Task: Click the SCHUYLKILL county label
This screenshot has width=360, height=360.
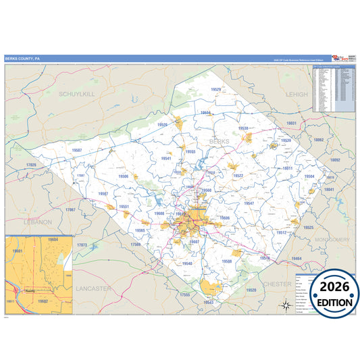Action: [76, 95]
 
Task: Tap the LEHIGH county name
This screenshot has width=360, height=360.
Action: [296, 95]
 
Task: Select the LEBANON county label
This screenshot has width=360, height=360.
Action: [36, 222]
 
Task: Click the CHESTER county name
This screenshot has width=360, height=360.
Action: [277, 284]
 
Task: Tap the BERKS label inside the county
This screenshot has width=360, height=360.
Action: [220, 141]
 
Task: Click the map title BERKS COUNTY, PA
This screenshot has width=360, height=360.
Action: [23, 59]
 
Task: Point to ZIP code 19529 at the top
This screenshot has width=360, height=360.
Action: [215, 89]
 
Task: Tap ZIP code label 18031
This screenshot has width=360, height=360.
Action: [292, 124]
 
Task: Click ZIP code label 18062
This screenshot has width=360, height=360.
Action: [318, 140]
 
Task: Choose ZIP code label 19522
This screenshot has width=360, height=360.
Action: [238, 176]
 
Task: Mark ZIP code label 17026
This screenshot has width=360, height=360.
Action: [31, 165]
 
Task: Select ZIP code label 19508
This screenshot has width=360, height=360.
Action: [227, 261]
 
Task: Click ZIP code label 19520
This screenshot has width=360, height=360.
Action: [251, 290]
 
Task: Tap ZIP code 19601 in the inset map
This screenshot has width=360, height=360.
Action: [18, 251]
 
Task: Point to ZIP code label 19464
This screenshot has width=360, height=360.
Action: [297, 259]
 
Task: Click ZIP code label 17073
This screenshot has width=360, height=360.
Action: [82, 245]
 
